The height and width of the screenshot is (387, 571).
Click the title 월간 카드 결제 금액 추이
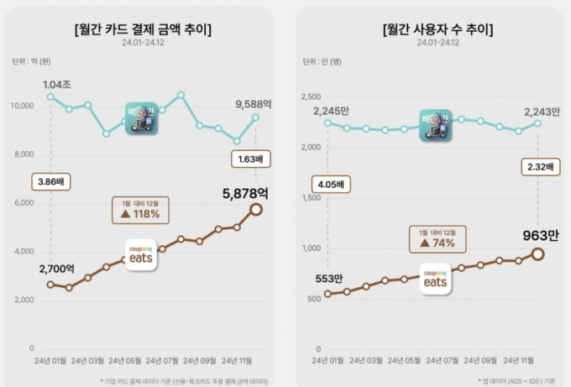(143, 30)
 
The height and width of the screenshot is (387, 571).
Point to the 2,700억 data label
(57, 269)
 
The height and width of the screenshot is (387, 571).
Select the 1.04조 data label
(56, 85)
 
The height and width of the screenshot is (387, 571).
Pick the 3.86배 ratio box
(51, 180)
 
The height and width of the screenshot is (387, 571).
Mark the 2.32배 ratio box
(537, 167)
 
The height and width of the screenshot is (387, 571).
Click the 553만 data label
(327, 279)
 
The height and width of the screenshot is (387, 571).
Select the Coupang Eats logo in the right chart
(435, 278)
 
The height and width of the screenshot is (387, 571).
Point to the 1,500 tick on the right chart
(312, 198)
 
